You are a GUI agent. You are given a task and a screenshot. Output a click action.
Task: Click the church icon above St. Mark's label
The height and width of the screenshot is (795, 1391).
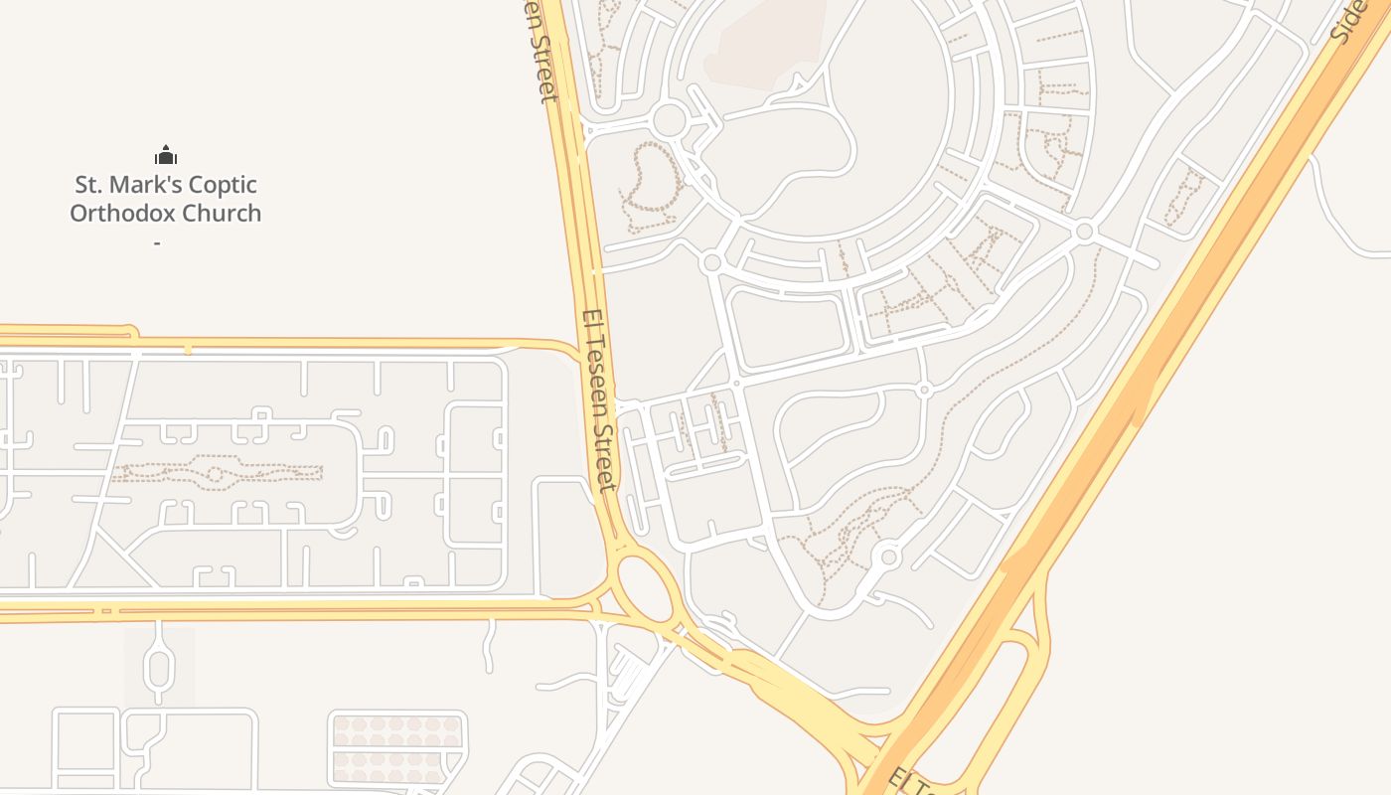tap(165, 155)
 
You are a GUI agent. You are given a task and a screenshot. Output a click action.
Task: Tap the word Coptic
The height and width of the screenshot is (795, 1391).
tap(223, 185)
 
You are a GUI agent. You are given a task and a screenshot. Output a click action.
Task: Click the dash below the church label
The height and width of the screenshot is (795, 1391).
tap(158, 241)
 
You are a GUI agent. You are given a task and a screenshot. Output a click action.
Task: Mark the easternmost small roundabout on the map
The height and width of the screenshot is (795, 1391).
tap(1084, 232)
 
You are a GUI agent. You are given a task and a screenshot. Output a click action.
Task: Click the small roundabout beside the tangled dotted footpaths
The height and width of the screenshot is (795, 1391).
tap(888, 556)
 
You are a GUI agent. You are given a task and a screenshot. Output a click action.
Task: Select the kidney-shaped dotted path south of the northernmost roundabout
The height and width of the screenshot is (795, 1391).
tap(651, 189)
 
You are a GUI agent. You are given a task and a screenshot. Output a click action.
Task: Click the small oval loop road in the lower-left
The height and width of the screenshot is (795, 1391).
tap(158, 662)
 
